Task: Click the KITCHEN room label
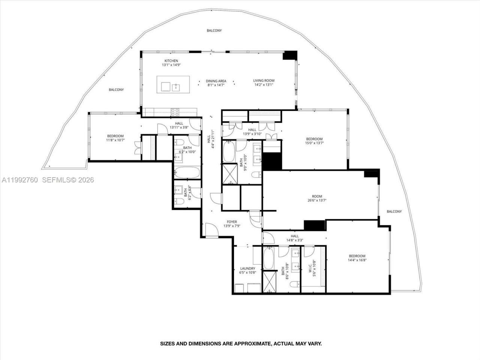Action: click(171, 63)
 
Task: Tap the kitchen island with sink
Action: click(173, 85)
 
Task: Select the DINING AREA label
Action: click(216, 82)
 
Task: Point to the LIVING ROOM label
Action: click(264, 82)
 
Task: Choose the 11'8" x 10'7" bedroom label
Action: click(115, 138)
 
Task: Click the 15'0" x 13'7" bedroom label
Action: click(314, 141)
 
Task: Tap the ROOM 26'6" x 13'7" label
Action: click(317, 198)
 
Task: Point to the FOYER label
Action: click(231, 224)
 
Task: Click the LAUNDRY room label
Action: click(247, 270)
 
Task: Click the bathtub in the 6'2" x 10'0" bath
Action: click(187, 173)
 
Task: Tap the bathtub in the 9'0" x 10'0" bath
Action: click(229, 151)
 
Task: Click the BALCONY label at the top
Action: click(214, 30)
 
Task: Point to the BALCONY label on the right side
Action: click(394, 211)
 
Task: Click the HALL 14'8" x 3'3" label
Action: click(294, 238)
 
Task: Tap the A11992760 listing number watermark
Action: click(20, 180)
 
